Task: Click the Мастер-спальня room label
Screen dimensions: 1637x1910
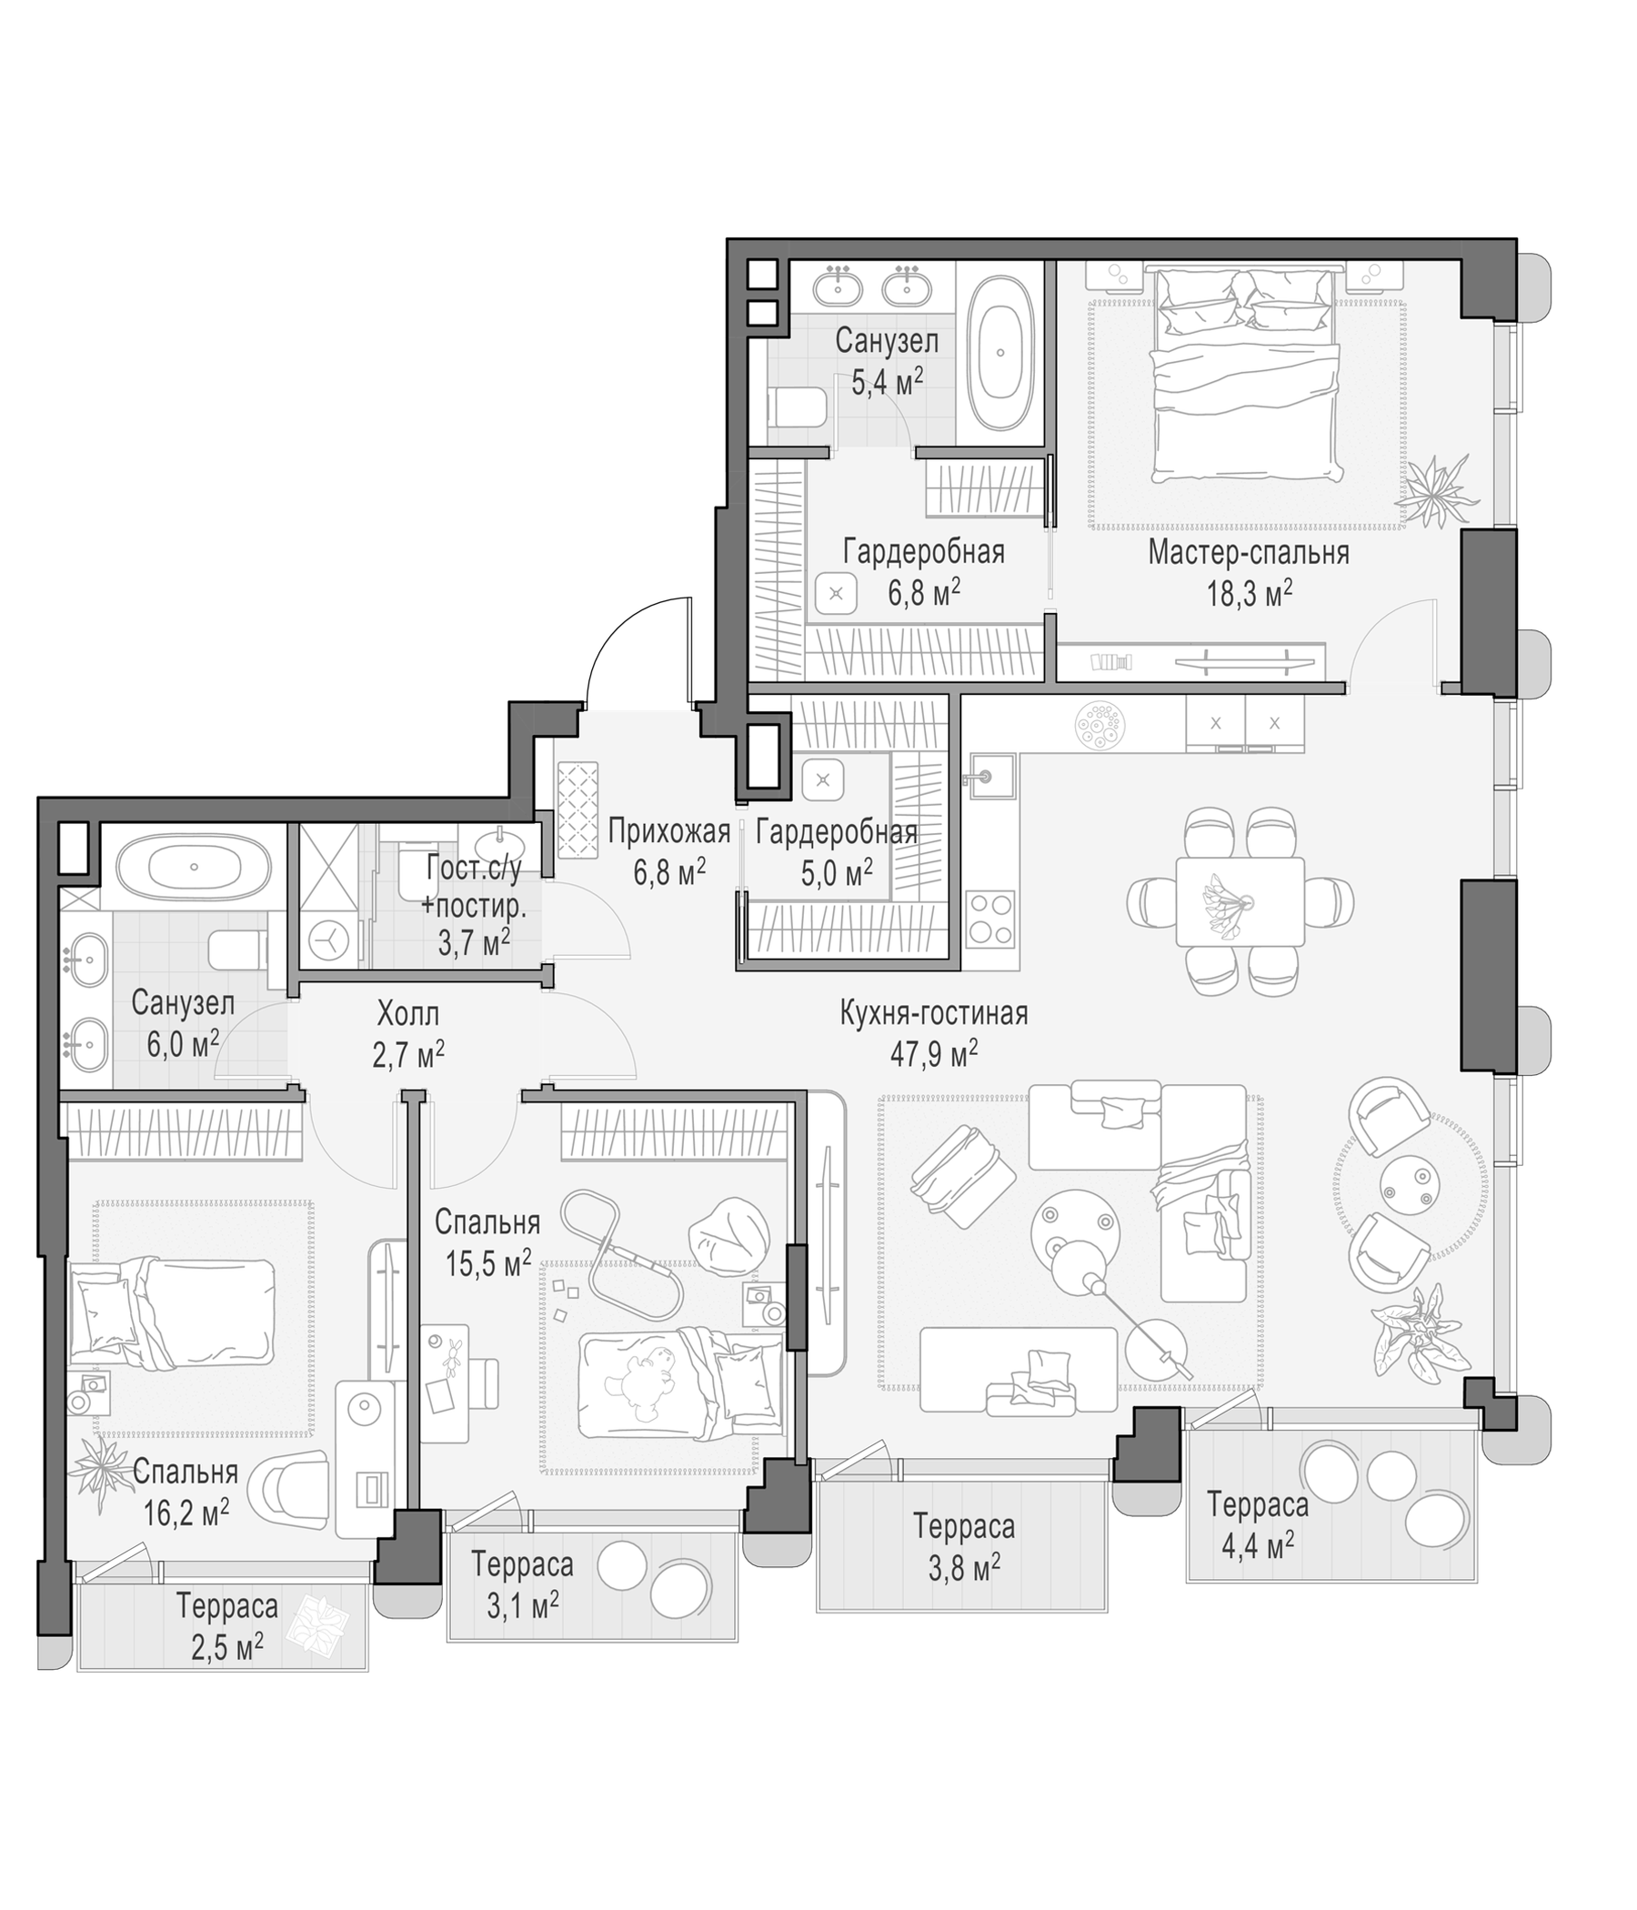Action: (1248, 552)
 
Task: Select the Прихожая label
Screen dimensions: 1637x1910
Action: (669, 832)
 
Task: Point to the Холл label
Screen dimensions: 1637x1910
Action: (408, 1014)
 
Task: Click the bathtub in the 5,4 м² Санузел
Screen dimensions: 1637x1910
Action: (999, 352)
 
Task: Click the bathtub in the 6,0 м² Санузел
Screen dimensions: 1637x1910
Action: (194, 867)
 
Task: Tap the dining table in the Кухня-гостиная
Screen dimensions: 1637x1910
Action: (1240, 901)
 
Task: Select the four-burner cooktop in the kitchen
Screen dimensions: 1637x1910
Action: (991, 919)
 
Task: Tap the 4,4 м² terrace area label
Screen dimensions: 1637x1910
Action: (1257, 1543)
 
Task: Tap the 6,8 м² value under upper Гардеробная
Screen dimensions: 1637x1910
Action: (924, 592)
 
